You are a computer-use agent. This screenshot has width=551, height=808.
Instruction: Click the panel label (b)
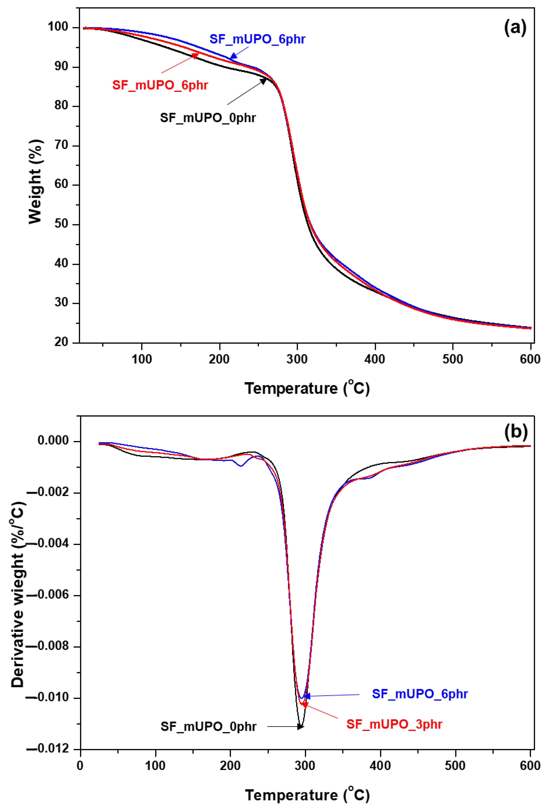pyautogui.click(x=516, y=432)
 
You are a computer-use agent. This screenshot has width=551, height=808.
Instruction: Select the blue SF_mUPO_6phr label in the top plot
pyautogui.click(x=257, y=39)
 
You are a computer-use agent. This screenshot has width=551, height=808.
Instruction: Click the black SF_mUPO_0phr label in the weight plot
pyautogui.click(x=208, y=118)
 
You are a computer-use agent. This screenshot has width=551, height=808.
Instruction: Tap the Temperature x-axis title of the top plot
pyautogui.click(x=307, y=388)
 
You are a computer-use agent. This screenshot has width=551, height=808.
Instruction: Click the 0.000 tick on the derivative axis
pyautogui.click(x=53, y=441)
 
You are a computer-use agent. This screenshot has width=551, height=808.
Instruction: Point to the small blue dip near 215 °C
pyautogui.click(x=241, y=466)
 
